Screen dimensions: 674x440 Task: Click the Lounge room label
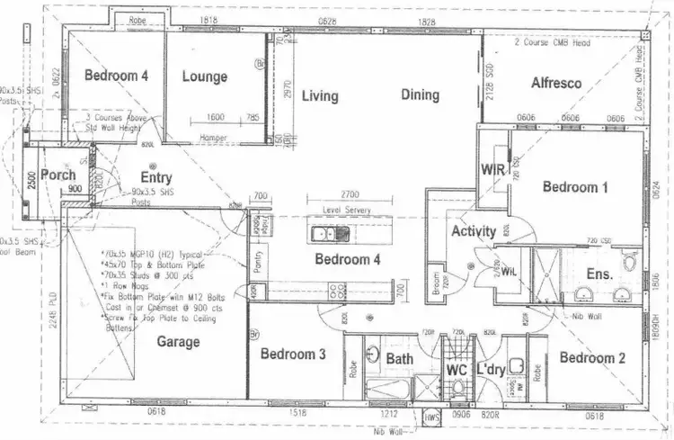click(205, 77)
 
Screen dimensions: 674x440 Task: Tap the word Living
click(320, 95)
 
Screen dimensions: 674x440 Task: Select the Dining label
click(420, 94)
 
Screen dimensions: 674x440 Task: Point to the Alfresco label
click(556, 83)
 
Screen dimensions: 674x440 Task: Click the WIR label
click(492, 169)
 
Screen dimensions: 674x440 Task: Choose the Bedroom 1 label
click(575, 187)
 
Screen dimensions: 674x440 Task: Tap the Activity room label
click(474, 231)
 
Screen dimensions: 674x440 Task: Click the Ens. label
click(599, 273)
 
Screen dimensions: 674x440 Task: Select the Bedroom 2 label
click(592, 358)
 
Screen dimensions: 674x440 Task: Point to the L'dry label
click(492, 369)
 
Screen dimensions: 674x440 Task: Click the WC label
click(457, 370)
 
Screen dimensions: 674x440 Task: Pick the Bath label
click(400, 359)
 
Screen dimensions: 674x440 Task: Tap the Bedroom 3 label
click(293, 355)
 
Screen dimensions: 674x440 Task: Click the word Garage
click(178, 342)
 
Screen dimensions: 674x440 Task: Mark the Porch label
click(58, 175)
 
